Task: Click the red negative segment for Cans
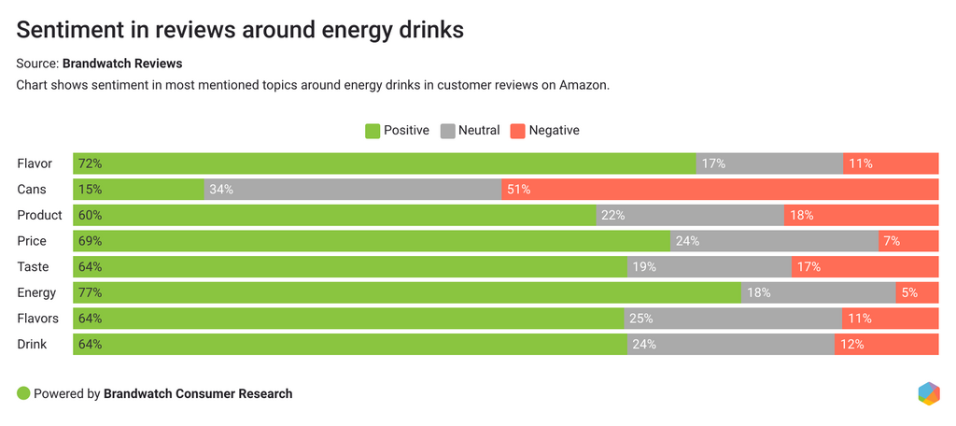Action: pos(719,190)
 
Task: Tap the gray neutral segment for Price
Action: pos(774,241)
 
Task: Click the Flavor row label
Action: pos(35,163)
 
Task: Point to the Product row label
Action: pos(39,215)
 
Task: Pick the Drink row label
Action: pos(32,344)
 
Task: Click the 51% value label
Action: pos(518,190)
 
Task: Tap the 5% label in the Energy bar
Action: pos(909,292)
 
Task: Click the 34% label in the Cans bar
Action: pos(221,190)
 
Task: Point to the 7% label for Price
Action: pos(892,241)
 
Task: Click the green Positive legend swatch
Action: pos(373,131)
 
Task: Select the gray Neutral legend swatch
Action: pos(447,131)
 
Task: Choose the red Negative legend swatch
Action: pos(517,131)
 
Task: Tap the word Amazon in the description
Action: pos(583,85)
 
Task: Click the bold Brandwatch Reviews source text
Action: pos(122,64)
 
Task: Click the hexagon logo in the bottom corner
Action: pos(928,393)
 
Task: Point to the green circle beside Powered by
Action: pos(23,393)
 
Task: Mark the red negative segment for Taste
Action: pos(865,267)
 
